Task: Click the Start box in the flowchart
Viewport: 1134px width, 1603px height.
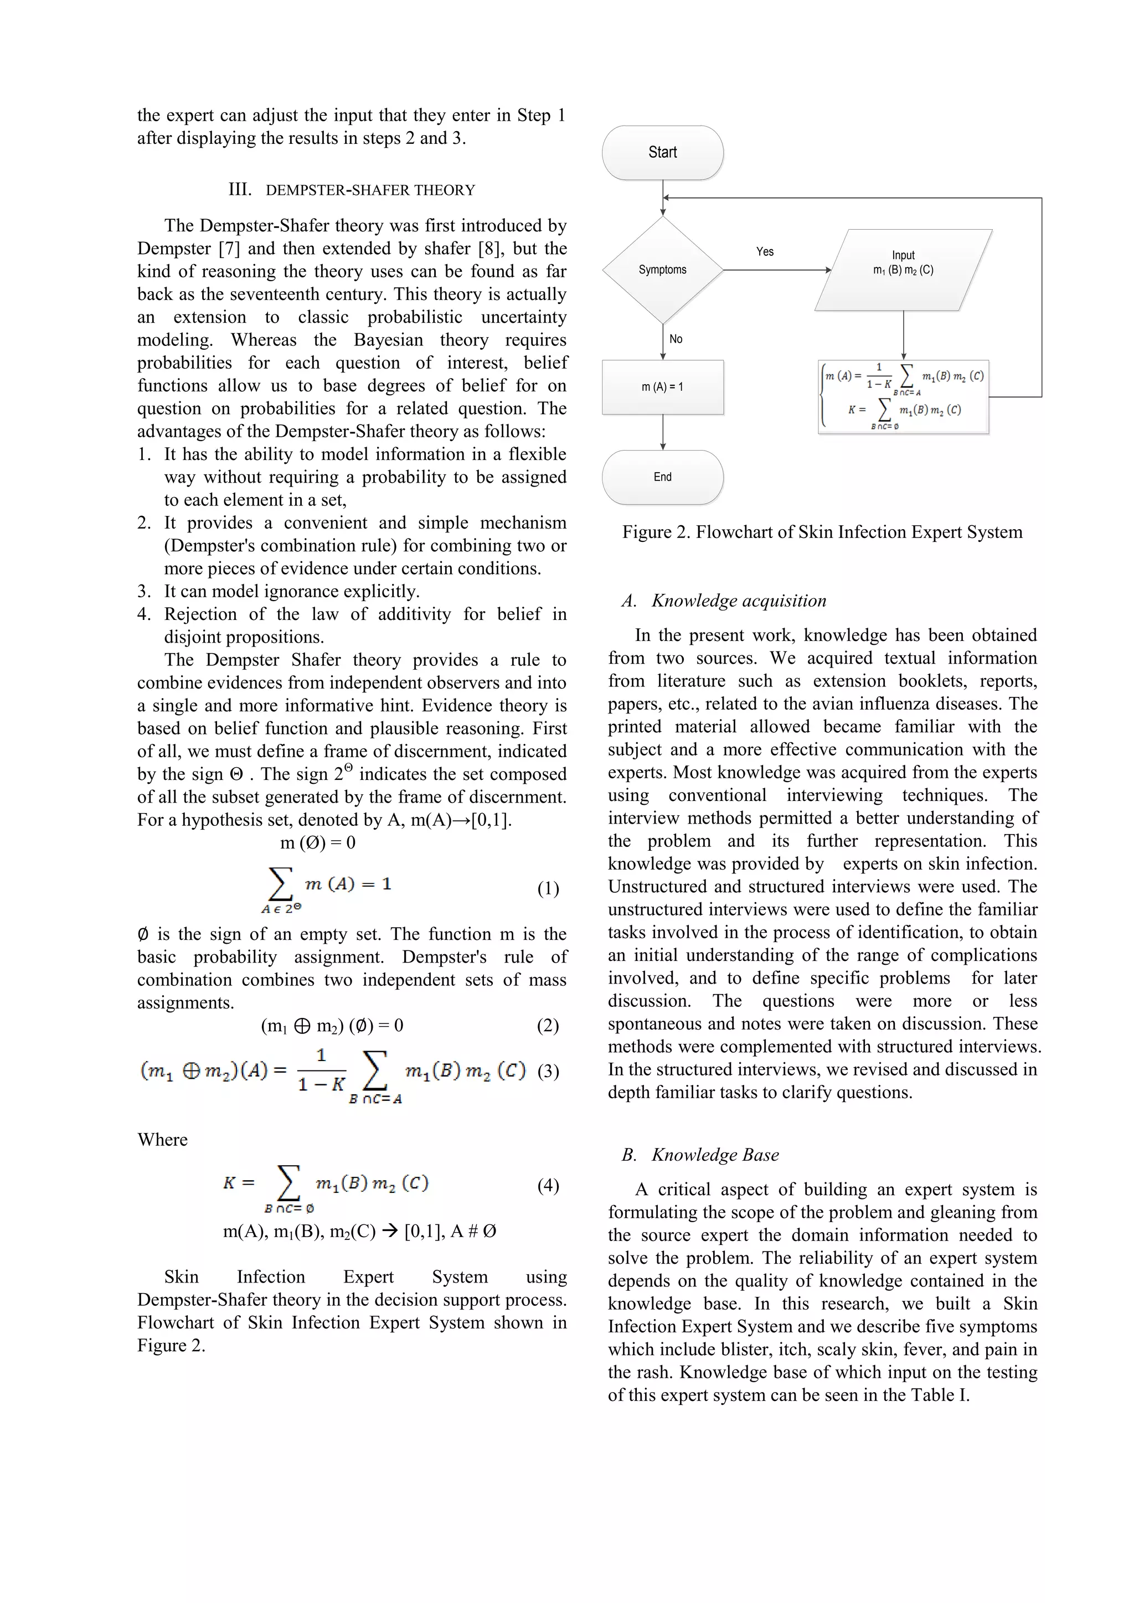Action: pos(662,152)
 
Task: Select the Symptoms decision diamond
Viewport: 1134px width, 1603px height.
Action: pos(662,270)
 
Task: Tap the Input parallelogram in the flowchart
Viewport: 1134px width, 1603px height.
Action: pos(903,270)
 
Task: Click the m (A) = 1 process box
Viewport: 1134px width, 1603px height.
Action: pos(662,387)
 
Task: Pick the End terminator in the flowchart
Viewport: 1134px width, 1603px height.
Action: pos(662,477)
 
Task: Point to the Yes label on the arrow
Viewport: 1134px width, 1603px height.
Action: pos(765,251)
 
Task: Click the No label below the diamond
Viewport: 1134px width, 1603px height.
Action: pos(675,339)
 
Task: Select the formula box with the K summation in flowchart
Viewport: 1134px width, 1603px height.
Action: pos(903,396)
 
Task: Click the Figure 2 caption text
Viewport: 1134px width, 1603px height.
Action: pos(822,532)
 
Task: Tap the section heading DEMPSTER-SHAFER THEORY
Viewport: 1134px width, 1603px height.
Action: pos(369,190)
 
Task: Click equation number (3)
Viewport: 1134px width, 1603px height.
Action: pos(548,1071)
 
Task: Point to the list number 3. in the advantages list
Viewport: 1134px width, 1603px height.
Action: pos(143,591)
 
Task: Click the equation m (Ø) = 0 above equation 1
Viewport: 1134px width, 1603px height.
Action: pos(318,842)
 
